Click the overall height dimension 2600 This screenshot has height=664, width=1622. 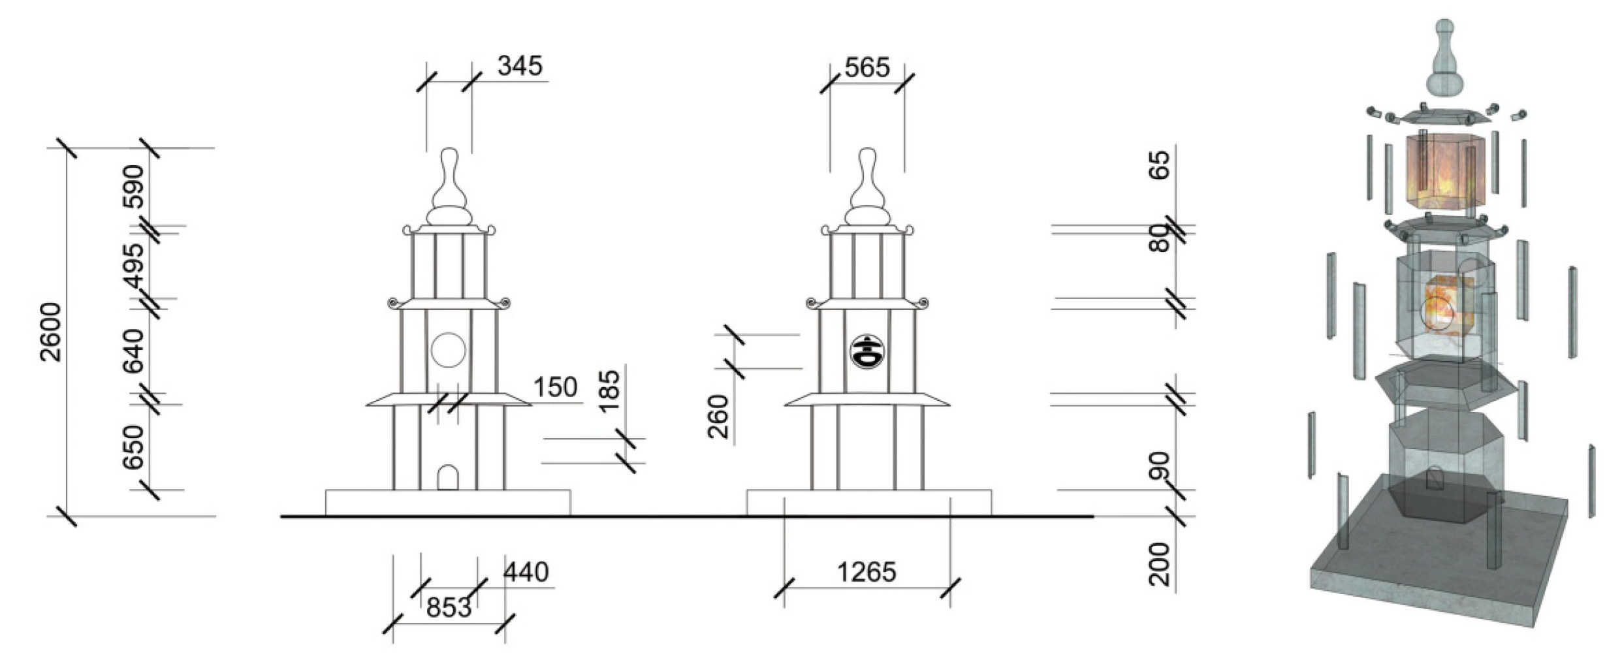tap(51, 332)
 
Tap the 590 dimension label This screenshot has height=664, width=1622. tap(134, 186)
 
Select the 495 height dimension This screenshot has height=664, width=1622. tap(134, 266)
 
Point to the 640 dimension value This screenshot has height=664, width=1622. tap(134, 351)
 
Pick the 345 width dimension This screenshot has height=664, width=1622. tap(520, 66)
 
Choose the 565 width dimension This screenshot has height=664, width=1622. tap(867, 67)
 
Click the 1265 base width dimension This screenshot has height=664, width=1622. tap(867, 572)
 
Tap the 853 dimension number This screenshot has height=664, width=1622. tap(449, 608)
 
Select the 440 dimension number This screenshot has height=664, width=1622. tap(526, 572)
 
